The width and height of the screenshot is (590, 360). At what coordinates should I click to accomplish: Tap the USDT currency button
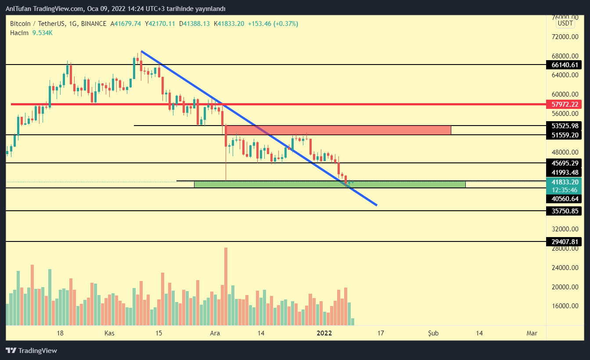tap(565, 23)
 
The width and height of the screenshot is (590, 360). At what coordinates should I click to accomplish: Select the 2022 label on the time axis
tap(325, 333)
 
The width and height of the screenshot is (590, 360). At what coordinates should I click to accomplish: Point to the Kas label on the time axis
tap(109, 333)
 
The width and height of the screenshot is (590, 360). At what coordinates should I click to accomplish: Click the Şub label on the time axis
tap(433, 333)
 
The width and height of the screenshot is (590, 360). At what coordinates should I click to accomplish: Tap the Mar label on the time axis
tap(532, 333)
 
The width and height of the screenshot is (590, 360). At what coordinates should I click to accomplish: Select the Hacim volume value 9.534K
tap(43, 32)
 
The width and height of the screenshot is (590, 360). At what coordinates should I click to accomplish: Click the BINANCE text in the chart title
tap(94, 24)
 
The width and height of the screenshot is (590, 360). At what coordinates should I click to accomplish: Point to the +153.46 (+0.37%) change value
tap(273, 24)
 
